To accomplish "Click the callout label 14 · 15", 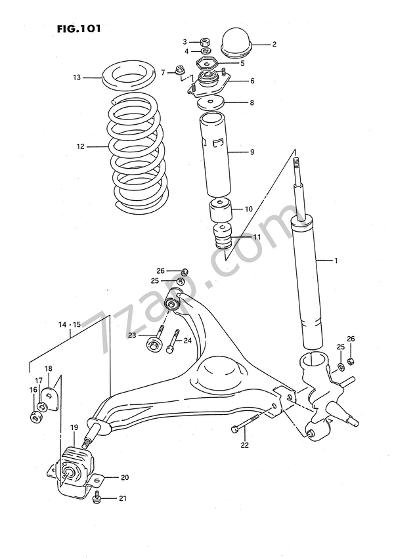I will (69, 325).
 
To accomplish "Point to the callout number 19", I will (74, 427).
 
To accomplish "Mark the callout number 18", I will (48, 368).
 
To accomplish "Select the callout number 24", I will (187, 340).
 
